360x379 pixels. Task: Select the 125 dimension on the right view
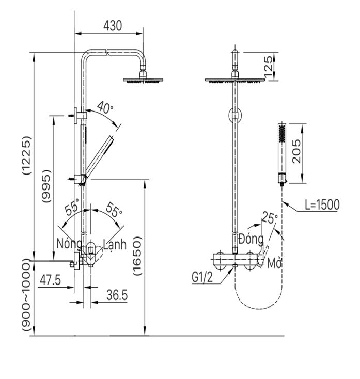point(268,66)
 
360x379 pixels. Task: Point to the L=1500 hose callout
point(322,204)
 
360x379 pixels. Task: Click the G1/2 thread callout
point(202,277)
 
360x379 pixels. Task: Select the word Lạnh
point(114,244)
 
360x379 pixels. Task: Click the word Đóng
point(252,240)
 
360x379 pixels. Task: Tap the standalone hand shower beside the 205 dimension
point(281,153)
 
